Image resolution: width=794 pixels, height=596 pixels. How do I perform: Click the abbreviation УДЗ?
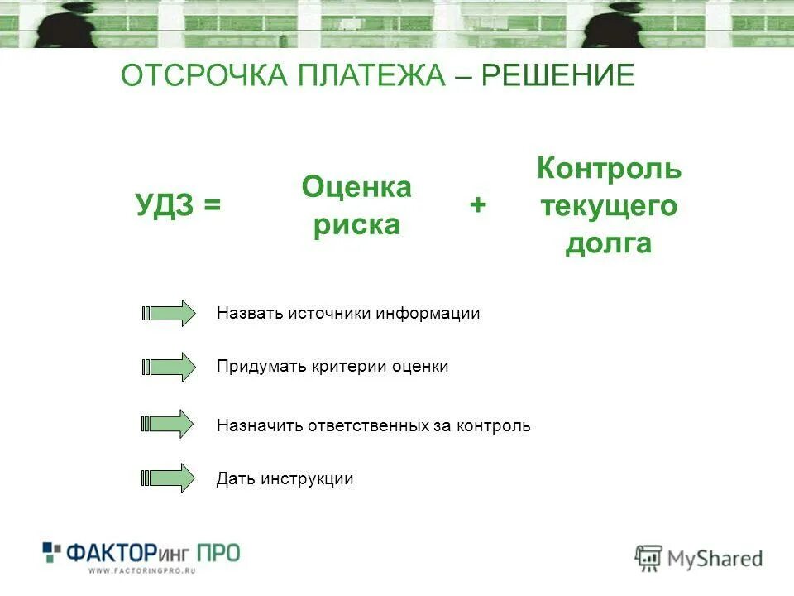(x=165, y=206)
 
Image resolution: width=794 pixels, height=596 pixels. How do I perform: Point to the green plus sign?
(x=477, y=206)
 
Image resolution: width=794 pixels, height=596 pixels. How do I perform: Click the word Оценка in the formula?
(x=356, y=187)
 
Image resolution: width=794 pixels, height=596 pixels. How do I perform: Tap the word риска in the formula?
(x=356, y=225)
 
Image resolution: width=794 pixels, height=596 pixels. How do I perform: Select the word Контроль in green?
(x=609, y=168)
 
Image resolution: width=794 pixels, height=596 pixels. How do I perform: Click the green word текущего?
(x=609, y=206)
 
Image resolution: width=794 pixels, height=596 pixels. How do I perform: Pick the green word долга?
(x=609, y=244)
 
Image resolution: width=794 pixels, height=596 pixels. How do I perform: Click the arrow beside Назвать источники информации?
(x=169, y=314)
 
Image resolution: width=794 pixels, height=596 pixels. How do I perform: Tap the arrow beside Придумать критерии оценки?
(x=169, y=366)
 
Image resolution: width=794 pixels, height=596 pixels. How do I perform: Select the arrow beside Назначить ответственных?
(x=169, y=425)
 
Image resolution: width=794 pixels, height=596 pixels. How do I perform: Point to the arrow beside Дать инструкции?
(x=169, y=478)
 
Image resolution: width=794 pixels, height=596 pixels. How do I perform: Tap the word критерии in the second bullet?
(x=347, y=366)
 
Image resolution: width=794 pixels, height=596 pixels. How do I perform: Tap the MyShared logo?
(x=699, y=558)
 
